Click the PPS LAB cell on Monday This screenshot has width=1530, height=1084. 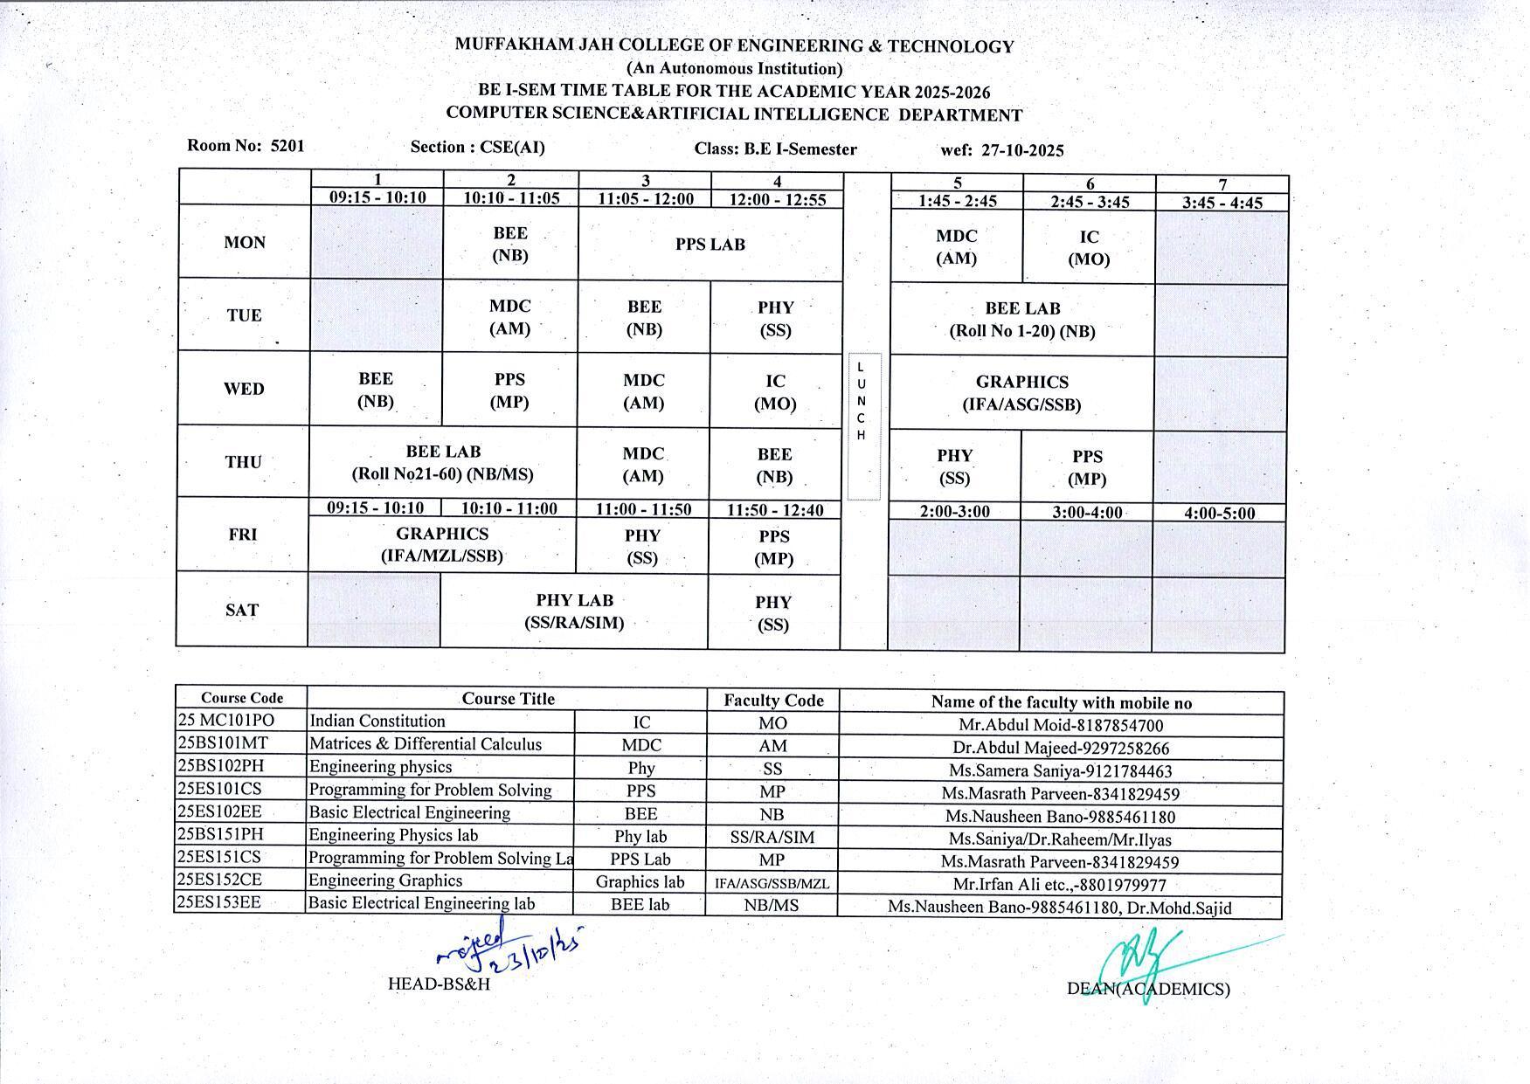pyautogui.click(x=710, y=245)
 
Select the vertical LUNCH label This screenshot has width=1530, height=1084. pyautogui.click(x=862, y=401)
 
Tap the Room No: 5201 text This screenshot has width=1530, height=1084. pyautogui.click(x=246, y=146)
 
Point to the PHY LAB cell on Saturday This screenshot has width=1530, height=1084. pyautogui.click(x=574, y=611)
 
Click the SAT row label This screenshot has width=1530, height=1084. pyautogui.click(x=242, y=610)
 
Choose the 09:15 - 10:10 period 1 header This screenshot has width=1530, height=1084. pyautogui.click(x=377, y=197)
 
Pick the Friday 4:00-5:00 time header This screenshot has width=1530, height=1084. pyautogui.click(x=1219, y=514)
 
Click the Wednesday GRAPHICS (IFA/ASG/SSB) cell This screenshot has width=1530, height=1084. pyautogui.click(x=1021, y=393)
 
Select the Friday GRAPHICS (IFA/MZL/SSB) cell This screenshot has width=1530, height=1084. pyautogui.click(x=442, y=544)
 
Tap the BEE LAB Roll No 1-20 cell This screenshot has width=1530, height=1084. pyautogui.click(x=1021, y=320)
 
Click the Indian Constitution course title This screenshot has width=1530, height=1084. pyautogui.click(x=377, y=722)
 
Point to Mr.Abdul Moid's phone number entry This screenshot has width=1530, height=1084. pyautogui.click(x=1061, y=725)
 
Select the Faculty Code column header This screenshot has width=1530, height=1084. pyautogui.click(x=773, y=700)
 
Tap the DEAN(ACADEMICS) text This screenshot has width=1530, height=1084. pyautogui.click(x=1148, y=989)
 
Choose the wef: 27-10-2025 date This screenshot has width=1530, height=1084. pyautogui.click(x=1002, y=150)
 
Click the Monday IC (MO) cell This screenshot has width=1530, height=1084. pyautogui.click(x=1089, y=248)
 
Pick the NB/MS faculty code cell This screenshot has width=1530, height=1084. pyautogui.click(x=772, y=906)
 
